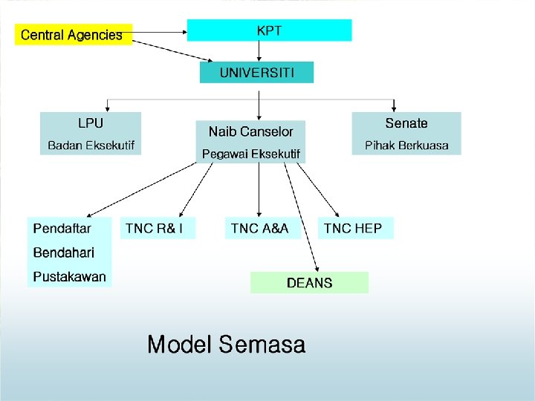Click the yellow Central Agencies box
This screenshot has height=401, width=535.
click(73, 34)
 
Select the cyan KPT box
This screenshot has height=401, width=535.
click(269, 30)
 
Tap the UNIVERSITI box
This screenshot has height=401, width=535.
click(257, 72)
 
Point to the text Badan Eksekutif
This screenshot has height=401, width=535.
click(91, 146)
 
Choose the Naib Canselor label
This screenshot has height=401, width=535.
click(250, 131)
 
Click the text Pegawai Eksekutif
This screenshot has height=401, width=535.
click(251, 154)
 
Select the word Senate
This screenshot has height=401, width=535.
click(406, 123)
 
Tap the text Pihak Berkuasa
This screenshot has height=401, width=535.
click(406, 146)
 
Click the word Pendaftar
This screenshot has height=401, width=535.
click(62, 228)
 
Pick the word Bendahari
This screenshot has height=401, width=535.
click(64, 252)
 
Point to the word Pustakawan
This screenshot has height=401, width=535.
click(70, 277)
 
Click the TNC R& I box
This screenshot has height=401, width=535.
click(158, 228)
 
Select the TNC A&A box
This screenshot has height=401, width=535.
click(262, 228)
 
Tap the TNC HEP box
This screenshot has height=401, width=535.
click(356, 228)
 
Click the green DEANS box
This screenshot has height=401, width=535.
click(309, 282)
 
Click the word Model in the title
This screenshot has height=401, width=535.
click(178, 345)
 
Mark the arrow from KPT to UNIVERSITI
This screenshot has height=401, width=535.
click(259, 51)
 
